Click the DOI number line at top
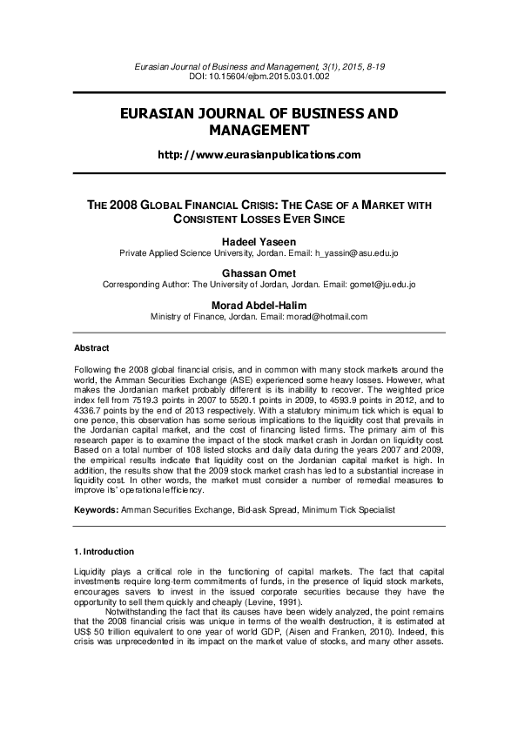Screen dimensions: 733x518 pyautogui.click(x=259, y=77)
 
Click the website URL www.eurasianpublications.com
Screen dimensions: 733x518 pyautogui.click(x=259, y=154)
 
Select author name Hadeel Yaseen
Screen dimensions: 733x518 pyautogui.click(x=259, y=240)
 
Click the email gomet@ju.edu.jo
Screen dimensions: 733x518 pyautogui.click(x=382, y=284)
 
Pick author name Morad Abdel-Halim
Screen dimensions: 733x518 pyautogui.click(x=259, y=305)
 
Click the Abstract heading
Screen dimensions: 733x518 pyautogui.click(x=91, y=348)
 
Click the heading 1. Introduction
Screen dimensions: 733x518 pyautogui.click(x=104, y=551)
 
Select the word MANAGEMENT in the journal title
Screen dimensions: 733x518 pyautogui.click(x=259, y=131)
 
